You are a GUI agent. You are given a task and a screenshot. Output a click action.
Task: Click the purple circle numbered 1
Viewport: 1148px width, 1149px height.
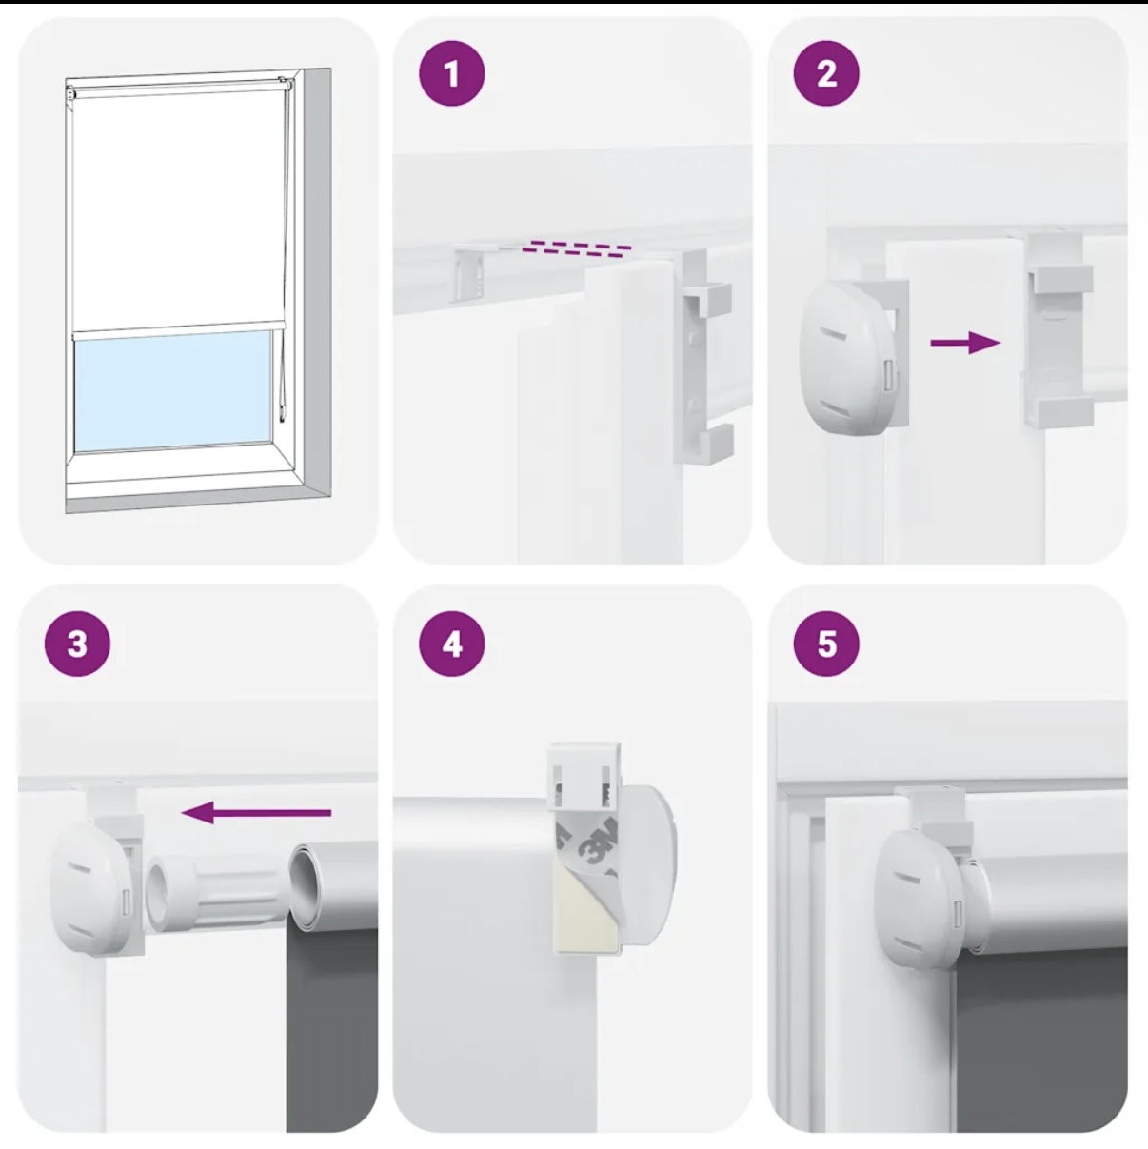click(x=452, y=74)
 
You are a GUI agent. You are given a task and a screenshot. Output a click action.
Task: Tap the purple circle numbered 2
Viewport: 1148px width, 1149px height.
click(x=826, y=74)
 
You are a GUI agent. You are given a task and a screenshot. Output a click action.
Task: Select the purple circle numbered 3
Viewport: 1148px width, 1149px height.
click(x=77, y=644)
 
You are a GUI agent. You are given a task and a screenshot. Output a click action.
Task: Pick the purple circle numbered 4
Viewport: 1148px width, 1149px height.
click(x=452, y=644)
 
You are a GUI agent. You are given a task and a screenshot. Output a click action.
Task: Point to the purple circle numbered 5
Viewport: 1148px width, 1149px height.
click(x=826, y=644)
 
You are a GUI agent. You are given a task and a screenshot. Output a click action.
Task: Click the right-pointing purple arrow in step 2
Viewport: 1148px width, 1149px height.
click(x=965, y=343)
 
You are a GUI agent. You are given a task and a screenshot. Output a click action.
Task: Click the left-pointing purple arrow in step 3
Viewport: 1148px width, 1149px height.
click(x=256, y=812)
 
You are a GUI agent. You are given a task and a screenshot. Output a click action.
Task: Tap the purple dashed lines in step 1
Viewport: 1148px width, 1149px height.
click(x=576, y=248)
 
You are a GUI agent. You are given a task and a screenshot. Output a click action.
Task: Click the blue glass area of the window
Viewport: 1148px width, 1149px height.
click(x=173, y=391)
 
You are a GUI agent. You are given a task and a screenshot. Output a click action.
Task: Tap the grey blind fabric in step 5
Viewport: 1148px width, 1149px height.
click(x=1040, y=1038)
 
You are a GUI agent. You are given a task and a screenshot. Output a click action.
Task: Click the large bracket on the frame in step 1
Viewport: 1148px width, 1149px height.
click(x=703, y=357)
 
